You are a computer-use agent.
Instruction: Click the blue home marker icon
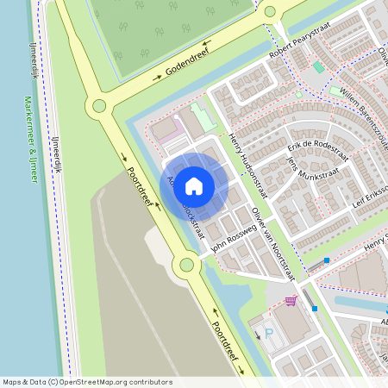(x=194, y=185)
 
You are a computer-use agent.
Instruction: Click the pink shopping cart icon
(x=291, y=301)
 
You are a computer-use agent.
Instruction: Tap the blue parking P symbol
(x=267, y=332)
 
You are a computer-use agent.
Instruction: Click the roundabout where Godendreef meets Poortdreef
(x=99, y=106)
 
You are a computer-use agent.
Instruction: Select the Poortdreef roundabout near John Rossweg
(x=186, y=265)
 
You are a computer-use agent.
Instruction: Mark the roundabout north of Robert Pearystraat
(x=270, y=11)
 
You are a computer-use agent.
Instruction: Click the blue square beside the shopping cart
(x=315, y=308)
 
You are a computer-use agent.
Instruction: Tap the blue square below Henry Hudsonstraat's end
(x=327, y=260)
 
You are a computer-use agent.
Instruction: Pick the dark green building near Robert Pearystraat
(x=318, y=66)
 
